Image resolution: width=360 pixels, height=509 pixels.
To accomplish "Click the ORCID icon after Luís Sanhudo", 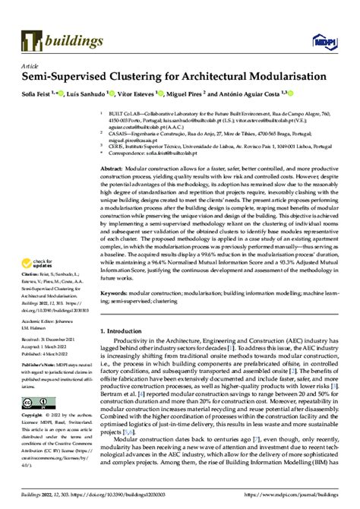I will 112,93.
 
